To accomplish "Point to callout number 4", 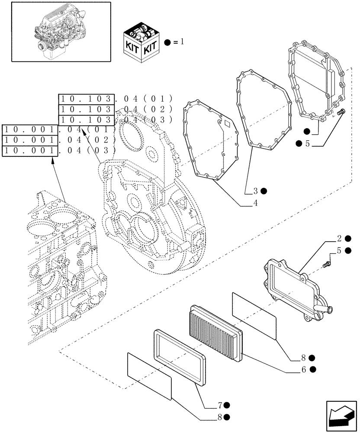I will click(x=255, y=203).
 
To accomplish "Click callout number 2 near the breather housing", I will click(x=340, y=238).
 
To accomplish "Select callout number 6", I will click(x=304, y=369).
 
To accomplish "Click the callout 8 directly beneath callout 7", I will click(x=220, y=417).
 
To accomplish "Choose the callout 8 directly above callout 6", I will click(x=304, y=358).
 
